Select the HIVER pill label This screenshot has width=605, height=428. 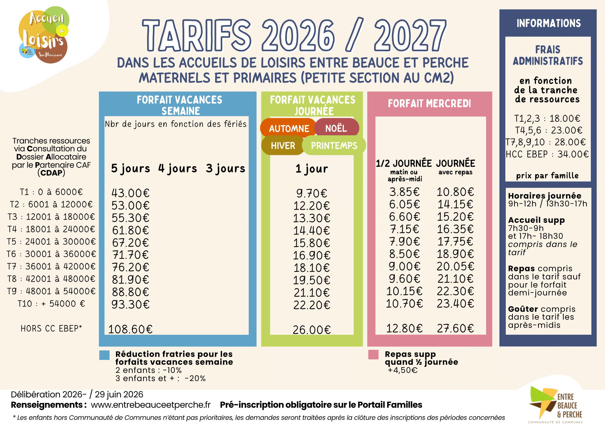283,146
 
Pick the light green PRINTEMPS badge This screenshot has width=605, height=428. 334,146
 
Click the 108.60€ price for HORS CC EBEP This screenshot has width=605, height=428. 130,329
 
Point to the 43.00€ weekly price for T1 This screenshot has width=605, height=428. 130,193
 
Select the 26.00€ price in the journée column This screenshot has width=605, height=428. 312,330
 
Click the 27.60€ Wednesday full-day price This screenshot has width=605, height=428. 455,328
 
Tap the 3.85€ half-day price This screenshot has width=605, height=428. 404,192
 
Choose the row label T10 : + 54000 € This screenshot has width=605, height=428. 51,304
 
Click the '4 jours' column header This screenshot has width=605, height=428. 178,169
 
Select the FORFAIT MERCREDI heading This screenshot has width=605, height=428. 430,104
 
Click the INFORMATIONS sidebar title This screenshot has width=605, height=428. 548,23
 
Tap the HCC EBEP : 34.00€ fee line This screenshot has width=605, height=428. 547,154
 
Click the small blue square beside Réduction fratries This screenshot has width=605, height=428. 104,355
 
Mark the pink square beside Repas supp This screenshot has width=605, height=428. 373,355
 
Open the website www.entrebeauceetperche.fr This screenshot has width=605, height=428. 151,405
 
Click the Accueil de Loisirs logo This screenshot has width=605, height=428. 44,35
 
